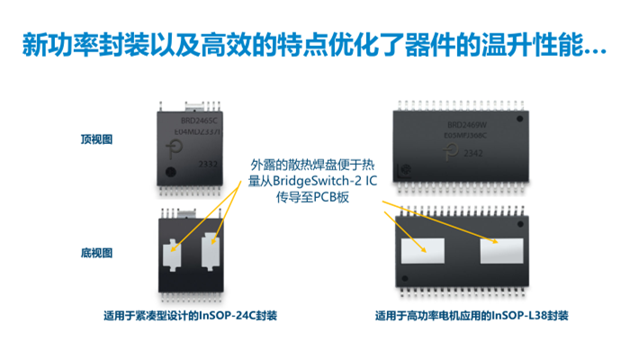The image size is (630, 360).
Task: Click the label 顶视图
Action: tap(95, 139)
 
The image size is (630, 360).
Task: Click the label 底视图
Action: tap(95, 253)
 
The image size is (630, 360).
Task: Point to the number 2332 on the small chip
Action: tap(207, 164)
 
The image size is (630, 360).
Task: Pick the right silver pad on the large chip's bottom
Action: tap(500, 248)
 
